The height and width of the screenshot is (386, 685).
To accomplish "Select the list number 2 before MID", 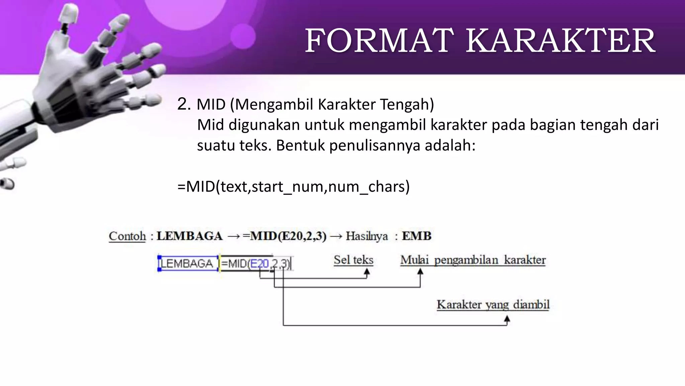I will click(184, 104).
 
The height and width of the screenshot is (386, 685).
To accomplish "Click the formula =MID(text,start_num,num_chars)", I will click(293, 186).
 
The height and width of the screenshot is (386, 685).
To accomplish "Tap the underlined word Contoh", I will click(127, 236).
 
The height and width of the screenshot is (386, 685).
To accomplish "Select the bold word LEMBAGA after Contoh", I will click(189, 236).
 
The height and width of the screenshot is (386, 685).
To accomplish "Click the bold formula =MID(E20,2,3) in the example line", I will click(284, 236).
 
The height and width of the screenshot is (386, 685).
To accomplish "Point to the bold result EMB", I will click(416, 236).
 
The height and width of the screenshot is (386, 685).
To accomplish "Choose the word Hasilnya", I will click(367, 236).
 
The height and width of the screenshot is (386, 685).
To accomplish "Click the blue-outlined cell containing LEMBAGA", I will click(188, 263).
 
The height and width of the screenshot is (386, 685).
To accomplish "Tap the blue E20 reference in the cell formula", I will click(259, 264).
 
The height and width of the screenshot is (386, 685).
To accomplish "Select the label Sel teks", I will click(353, 260).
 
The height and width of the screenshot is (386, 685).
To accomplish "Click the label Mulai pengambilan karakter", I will click(473, 260).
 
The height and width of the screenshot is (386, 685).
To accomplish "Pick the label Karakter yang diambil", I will click(493, 305).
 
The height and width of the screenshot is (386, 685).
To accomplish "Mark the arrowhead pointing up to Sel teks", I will click(367, 273).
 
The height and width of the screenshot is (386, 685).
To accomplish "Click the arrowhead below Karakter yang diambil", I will click(507, 320).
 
